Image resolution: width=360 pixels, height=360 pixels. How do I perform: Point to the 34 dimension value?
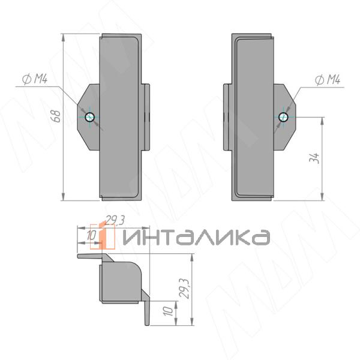[x=316, y=158]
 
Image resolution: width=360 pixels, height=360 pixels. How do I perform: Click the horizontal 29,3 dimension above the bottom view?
[x=114, y=220]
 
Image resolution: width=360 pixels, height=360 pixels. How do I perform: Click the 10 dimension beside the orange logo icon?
[x=91, y=236]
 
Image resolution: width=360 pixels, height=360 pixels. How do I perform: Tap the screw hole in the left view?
[x=89, y=117]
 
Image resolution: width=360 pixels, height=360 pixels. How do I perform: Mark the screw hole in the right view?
[x=283, y=117]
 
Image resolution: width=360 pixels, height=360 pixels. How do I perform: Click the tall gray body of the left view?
[x=120, y=117]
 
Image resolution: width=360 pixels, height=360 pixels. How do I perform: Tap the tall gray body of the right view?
[x=252, y=117]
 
